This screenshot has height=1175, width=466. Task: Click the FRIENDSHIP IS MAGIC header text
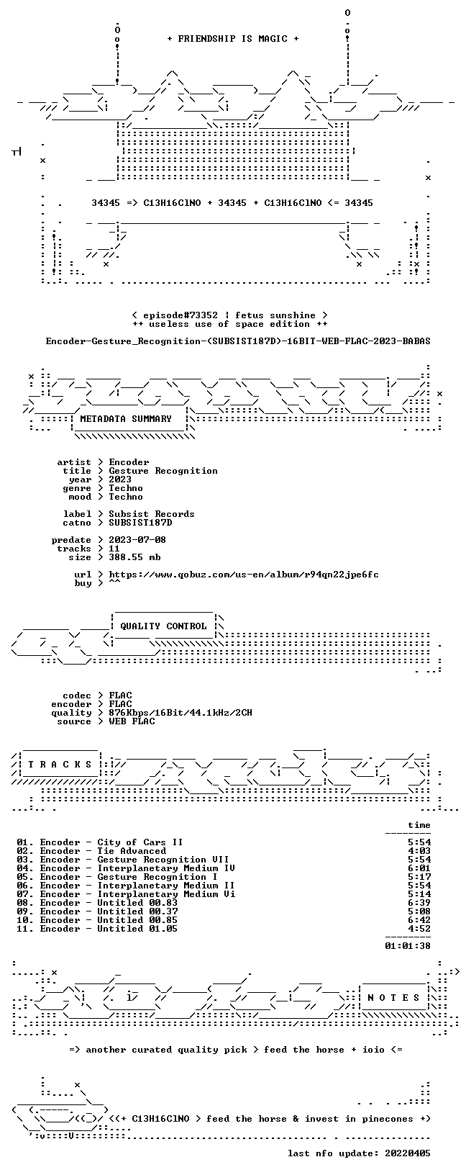233,39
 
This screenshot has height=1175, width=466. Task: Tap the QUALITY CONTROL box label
163,626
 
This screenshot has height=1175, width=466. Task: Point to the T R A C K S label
60,765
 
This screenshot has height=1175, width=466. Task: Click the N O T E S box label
393,997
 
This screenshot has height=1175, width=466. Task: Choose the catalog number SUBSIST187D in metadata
140,523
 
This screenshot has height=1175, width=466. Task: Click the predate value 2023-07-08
137,540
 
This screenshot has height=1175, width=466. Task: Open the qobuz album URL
244,575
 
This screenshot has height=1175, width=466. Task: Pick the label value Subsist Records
152,514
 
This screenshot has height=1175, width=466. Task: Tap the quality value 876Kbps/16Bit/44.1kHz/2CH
181,713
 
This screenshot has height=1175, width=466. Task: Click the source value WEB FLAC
132,721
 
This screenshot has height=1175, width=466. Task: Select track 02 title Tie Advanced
132,851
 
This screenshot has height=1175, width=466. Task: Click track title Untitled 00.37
137,911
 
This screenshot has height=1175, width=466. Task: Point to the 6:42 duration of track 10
419,920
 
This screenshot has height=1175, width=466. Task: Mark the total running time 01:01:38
408,946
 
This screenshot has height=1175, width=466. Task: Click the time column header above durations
419,825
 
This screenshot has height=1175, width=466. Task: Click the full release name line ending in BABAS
238,341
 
